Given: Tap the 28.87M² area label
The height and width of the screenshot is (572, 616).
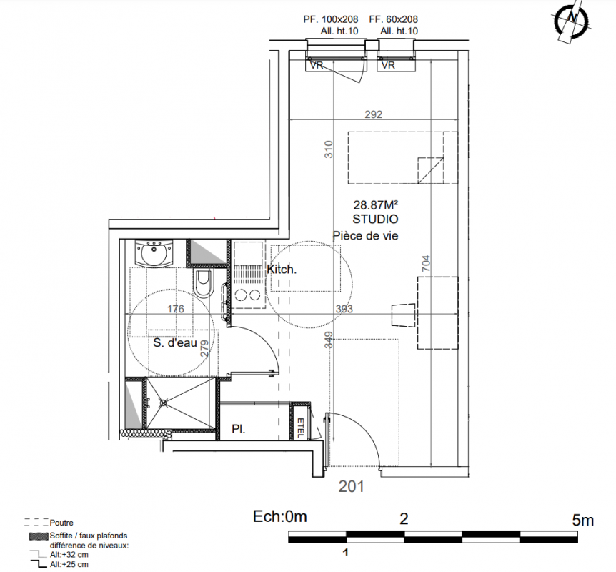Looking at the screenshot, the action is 376,204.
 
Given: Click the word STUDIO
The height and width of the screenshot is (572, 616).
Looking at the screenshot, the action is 375,219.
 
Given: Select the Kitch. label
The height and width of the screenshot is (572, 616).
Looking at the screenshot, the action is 282,270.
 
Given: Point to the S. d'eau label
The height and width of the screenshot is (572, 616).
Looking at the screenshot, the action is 175,342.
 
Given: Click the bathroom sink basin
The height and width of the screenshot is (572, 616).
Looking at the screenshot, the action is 154,253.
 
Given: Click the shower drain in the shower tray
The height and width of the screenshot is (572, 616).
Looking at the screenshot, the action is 164,402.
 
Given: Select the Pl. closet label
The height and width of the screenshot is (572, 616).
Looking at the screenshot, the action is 239,429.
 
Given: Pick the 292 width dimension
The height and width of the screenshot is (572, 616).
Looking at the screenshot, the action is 373,114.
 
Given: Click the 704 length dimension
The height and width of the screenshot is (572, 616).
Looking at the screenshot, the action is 426,263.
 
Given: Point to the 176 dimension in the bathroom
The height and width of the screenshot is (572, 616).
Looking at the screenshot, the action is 175,309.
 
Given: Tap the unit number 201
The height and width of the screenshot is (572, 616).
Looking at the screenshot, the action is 351,487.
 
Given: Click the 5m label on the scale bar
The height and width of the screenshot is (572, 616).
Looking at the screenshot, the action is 582,521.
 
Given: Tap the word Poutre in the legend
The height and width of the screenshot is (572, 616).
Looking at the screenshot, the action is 61,523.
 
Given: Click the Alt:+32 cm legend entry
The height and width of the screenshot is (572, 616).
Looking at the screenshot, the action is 69,555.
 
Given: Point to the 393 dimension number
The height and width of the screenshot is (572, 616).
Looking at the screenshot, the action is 344,309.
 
